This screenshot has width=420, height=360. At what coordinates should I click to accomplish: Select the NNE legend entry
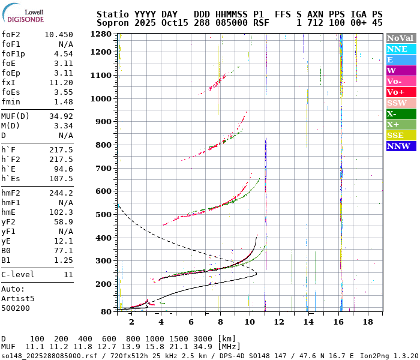coord(401,49)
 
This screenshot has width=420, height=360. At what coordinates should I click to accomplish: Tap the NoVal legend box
coord(401,38)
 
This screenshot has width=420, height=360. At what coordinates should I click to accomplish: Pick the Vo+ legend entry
coord(401,92)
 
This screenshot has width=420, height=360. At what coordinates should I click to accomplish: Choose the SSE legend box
coord(401,135)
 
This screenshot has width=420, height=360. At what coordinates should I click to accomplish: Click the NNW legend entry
coord(401,146)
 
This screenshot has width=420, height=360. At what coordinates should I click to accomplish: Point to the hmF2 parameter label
coord(12,193)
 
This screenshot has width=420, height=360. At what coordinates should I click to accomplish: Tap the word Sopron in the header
coord(113,23)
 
